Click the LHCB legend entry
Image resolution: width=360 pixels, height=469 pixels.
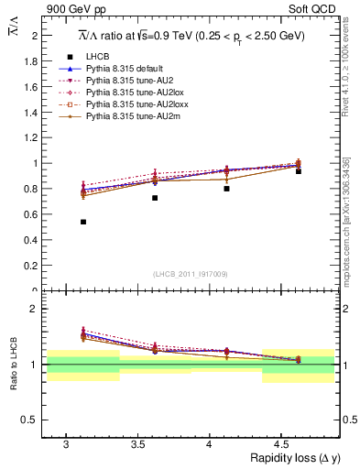pyautogui.click(x=96, y=57)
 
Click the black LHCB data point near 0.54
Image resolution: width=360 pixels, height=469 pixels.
pyautogui.click(x=83, y=222)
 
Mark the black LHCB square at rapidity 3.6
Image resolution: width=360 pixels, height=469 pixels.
pyautogui.click(x=155, y=198)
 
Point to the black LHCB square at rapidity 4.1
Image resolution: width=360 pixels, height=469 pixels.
pyautogui.click(x=226, y=188)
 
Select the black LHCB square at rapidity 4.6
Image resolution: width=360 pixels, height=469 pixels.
pyautogui.click(x=299, y=171)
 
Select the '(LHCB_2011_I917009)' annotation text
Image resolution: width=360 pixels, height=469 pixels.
pyautogui.click(x=190, y=274)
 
